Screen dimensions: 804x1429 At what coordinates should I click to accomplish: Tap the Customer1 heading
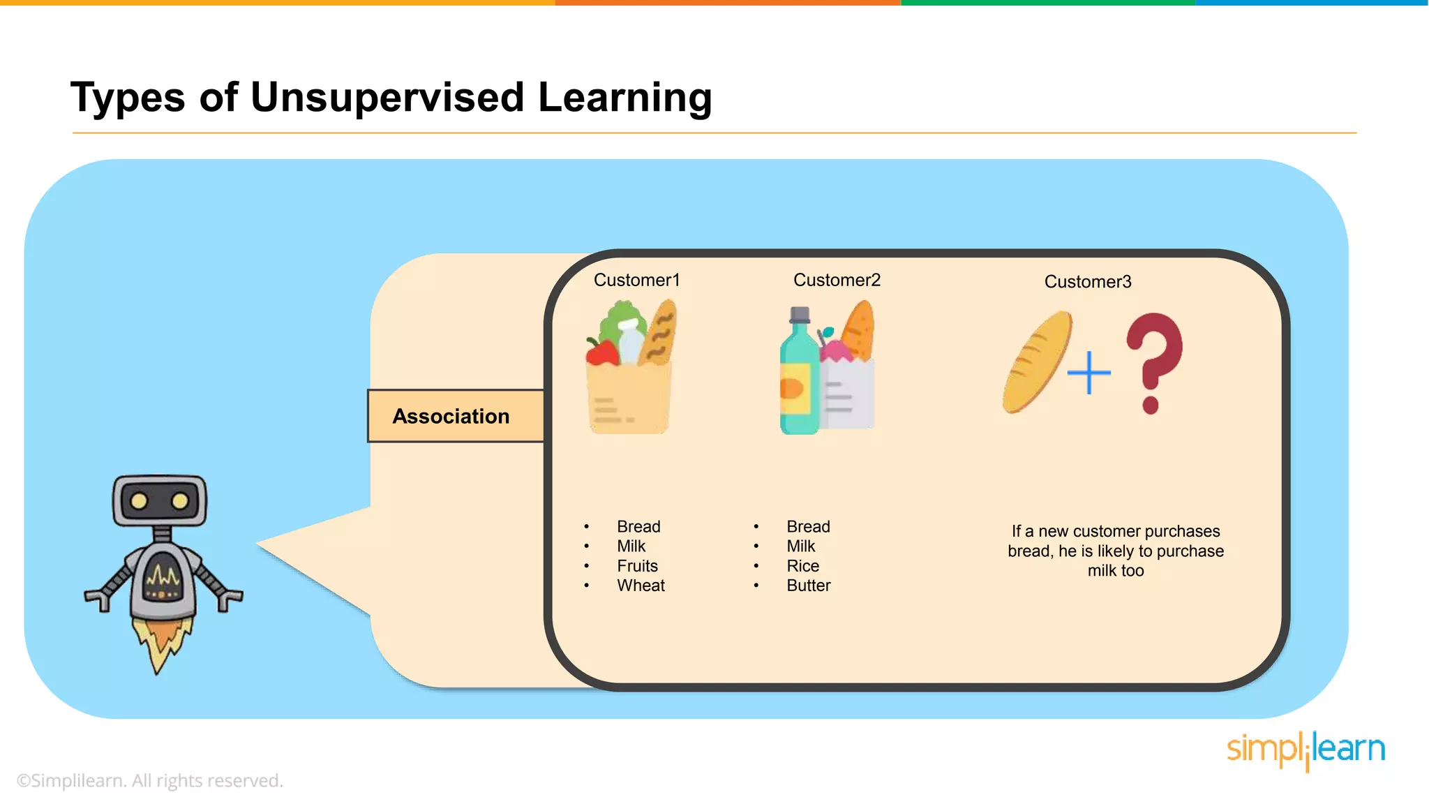636,280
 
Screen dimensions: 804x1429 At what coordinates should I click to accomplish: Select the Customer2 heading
837,280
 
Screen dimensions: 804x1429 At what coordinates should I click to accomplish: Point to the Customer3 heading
1087,282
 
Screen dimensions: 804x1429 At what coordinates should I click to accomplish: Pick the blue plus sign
1088,373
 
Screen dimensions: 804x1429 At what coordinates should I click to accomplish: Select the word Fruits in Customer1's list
637,566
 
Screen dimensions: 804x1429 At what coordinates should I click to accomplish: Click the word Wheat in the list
641,586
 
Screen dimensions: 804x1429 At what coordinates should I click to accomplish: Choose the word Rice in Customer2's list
802,566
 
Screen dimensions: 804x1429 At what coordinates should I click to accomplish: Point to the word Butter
808,586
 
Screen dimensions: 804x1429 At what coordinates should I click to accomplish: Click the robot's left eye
139,500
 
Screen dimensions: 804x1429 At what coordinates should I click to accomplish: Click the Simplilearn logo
1305,750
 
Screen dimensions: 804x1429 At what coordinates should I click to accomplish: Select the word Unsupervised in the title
387,97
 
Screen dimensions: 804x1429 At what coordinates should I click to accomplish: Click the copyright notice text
150,780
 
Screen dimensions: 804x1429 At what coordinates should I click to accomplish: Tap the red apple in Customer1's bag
601,352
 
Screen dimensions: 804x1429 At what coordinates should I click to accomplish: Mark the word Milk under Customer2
800,546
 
